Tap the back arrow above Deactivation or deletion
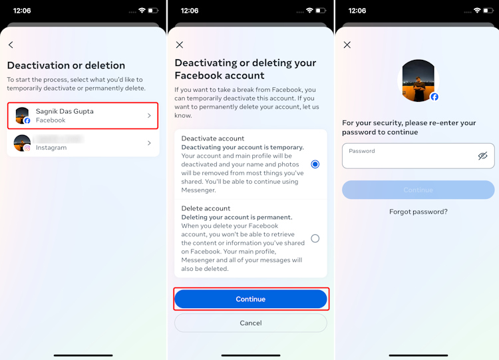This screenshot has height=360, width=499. click(11, 45)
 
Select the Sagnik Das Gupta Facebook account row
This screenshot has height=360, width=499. click(83, 116)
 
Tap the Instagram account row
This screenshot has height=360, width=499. click(83, 143)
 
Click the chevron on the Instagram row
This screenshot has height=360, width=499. click(149, 143)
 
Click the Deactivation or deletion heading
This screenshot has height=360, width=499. click(66, 65)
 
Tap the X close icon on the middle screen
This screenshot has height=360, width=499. click(180, 45)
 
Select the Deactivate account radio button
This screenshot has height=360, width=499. click(315, 164)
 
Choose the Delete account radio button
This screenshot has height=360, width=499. click(315, 238)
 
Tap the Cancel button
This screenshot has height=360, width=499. click(250, 323)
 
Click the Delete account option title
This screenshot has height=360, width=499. click(206, 208)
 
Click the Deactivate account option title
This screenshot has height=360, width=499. click(212, 138)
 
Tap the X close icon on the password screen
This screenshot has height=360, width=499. click(347, 45)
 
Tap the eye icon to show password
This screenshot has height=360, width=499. click(482, 156)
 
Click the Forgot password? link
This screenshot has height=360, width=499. click(418, 212)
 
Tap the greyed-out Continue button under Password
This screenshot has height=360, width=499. click(418, 190)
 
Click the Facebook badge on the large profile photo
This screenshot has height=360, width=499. click(434, 97)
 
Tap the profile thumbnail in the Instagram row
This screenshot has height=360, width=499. click(23, 143)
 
